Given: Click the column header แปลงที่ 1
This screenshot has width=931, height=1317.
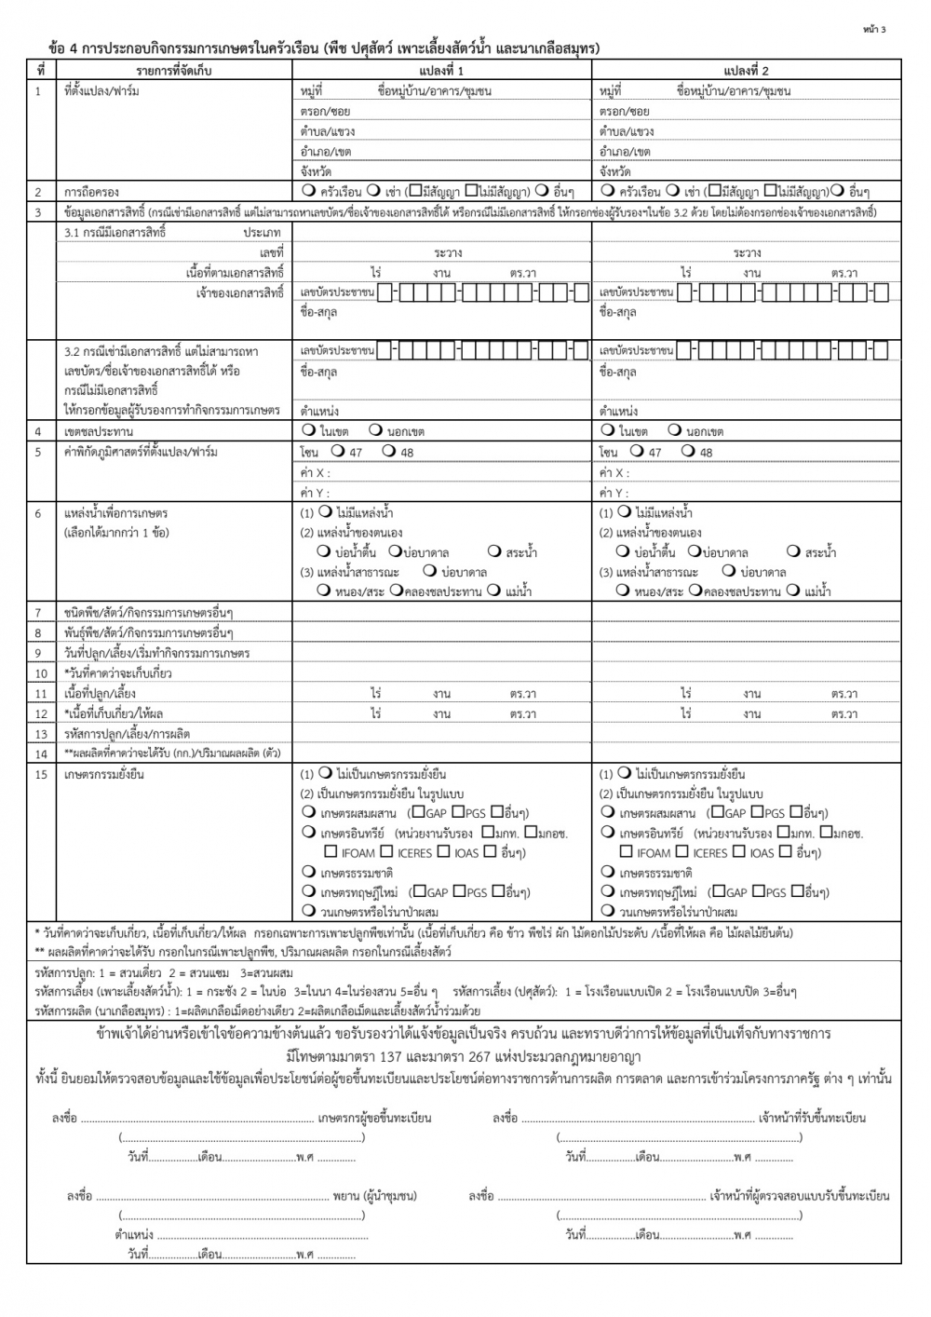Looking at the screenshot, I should (x=441, y=71).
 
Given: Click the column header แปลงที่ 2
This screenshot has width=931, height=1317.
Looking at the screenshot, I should (x=746, y=71).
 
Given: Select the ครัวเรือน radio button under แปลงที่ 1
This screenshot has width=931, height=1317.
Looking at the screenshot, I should (x=308, y=191).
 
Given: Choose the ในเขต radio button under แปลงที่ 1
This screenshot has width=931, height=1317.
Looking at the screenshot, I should (x=308, y=430).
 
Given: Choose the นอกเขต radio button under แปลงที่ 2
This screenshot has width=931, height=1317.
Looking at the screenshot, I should (x=675, y=430).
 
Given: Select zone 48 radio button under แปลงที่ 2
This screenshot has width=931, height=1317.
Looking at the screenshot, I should (x=687, y=452).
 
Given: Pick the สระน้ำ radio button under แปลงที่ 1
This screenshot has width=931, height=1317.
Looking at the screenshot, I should (x=494, y=551).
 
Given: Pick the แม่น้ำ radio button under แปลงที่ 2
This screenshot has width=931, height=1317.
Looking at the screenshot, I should (x=792, y=591).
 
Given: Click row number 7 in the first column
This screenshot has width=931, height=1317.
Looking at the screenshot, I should (x=40, y=613).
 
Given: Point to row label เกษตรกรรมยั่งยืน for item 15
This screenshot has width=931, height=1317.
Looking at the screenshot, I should (x=104, y=774).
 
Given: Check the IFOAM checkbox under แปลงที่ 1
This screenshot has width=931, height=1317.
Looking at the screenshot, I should (x=331, y=851).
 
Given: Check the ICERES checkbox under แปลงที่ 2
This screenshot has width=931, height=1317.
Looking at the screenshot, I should (x=682, y=851).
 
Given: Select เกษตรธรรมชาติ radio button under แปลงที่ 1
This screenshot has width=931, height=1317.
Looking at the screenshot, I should (x=308, y=872).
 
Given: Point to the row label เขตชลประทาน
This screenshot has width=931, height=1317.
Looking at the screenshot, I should (x=99, y=431).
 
